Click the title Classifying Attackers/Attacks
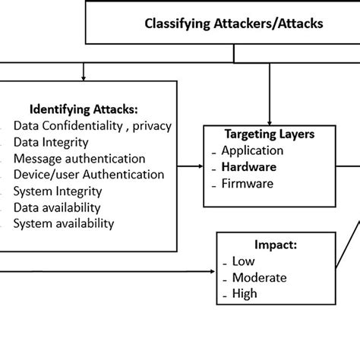pos(233,24)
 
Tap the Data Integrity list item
pos(51,142)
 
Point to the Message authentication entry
pos(79,159)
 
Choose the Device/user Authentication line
pos(88,175)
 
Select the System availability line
pos(64,223)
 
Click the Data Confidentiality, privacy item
pos(93,126)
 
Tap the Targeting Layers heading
pos(270,134)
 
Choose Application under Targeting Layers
pos(252,150)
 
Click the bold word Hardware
pos(249,166)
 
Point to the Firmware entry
pos(248,183)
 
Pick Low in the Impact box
pos(244,262)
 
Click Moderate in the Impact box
pos(260,278)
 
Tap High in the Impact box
pos(245,294)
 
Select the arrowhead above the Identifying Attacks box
pos(84,75)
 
